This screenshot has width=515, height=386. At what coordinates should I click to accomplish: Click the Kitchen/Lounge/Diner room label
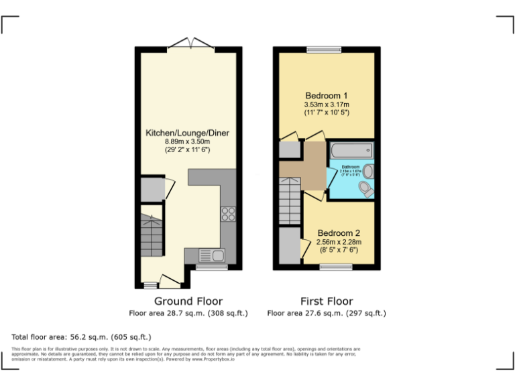(x=187, y=133)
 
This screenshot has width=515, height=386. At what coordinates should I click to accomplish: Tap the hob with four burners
(x=228, y=214)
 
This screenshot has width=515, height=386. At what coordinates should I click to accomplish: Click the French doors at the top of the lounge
(x=190, y=44)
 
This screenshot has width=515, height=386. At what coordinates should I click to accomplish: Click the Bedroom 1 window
(x=325, y=49)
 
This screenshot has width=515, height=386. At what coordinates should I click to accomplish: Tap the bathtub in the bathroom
(x=349, y=149)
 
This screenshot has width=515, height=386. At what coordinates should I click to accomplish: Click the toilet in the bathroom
(x=365, y=188)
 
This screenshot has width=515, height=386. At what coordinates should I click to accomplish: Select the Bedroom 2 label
(x=339, y=233)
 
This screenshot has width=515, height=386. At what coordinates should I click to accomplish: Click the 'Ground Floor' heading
(x=188, y=302)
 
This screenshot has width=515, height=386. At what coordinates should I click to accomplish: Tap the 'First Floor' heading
(x=327, y=302)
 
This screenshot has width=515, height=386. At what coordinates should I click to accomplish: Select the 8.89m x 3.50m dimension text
(x=187, y=142)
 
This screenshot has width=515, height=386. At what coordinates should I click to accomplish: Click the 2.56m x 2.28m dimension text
(x=339, y=242)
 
